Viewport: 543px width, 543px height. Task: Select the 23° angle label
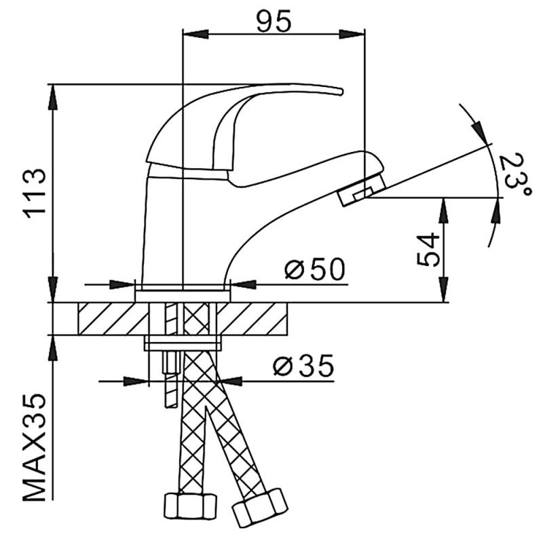(514, 173)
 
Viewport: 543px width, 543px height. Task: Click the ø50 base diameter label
(315, 269)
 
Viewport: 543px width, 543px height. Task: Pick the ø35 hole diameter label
(303, 367)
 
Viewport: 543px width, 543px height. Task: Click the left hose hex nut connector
(190, 506)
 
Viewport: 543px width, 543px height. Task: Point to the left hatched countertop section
(113, 318)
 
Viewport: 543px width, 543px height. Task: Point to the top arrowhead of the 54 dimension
(445, 208)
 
